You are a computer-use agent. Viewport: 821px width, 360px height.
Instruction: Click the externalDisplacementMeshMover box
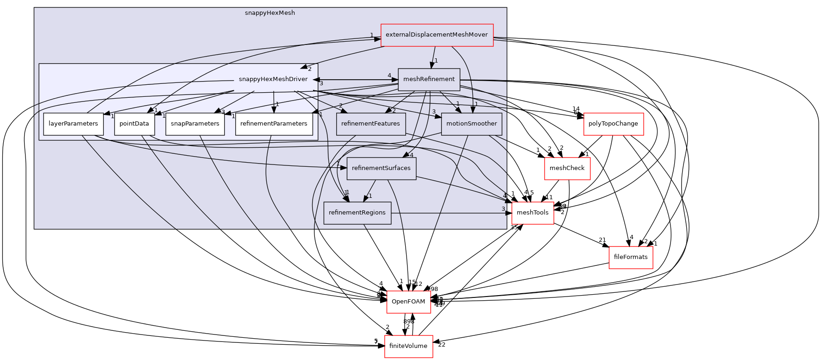437,35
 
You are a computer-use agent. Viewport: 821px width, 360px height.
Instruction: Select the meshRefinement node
429,79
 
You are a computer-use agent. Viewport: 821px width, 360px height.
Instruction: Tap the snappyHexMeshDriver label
273,79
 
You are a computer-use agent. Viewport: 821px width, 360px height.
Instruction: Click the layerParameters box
73,124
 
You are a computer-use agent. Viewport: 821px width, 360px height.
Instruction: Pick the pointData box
134,124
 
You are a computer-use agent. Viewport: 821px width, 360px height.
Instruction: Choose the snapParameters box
195,124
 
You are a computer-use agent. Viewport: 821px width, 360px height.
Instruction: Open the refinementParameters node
274,124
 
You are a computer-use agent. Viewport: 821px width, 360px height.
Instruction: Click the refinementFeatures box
370,124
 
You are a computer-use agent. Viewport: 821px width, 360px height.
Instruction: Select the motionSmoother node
471,124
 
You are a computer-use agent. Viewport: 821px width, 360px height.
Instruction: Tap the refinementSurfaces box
381,168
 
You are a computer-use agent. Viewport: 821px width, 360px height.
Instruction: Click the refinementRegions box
357,213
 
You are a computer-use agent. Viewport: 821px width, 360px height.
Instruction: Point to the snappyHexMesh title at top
269,13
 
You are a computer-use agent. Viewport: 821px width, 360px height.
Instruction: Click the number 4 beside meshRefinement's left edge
389,76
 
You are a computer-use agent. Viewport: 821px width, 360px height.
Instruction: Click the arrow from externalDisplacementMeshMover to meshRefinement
433,57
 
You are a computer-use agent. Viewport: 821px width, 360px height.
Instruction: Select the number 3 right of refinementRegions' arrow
503,209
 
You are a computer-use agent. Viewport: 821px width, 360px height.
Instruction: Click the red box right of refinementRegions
533,213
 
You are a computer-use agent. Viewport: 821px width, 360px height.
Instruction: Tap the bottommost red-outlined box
408,347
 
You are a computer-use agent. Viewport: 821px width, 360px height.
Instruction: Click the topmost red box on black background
614,124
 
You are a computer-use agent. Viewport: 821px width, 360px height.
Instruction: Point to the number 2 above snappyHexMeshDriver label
310,69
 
